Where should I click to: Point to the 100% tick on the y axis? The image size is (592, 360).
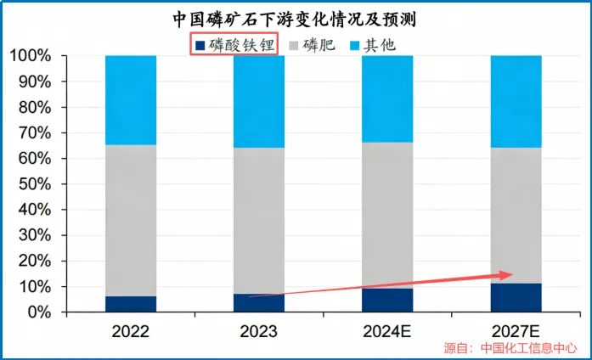[x=31, y=56]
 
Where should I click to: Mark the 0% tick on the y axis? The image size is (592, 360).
[x=38, y=312]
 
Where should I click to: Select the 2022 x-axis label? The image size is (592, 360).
[x=130, y=332]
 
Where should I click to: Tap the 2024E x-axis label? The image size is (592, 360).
[x=387, y=332]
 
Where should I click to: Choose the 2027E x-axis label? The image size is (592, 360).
[x=516, y=332]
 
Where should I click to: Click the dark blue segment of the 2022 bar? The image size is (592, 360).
[x=130, y=304]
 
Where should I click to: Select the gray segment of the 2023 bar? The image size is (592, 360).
[x=258, y=221]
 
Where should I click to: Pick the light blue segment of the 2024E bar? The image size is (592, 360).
[x=387, y=98]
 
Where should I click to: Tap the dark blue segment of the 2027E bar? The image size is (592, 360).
[x=516, y=298]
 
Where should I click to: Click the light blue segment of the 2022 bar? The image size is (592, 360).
[x=130, y=100]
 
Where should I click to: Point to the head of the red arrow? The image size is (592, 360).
[x=511, y=273]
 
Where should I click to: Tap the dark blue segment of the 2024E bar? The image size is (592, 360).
[x=387, y=301]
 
